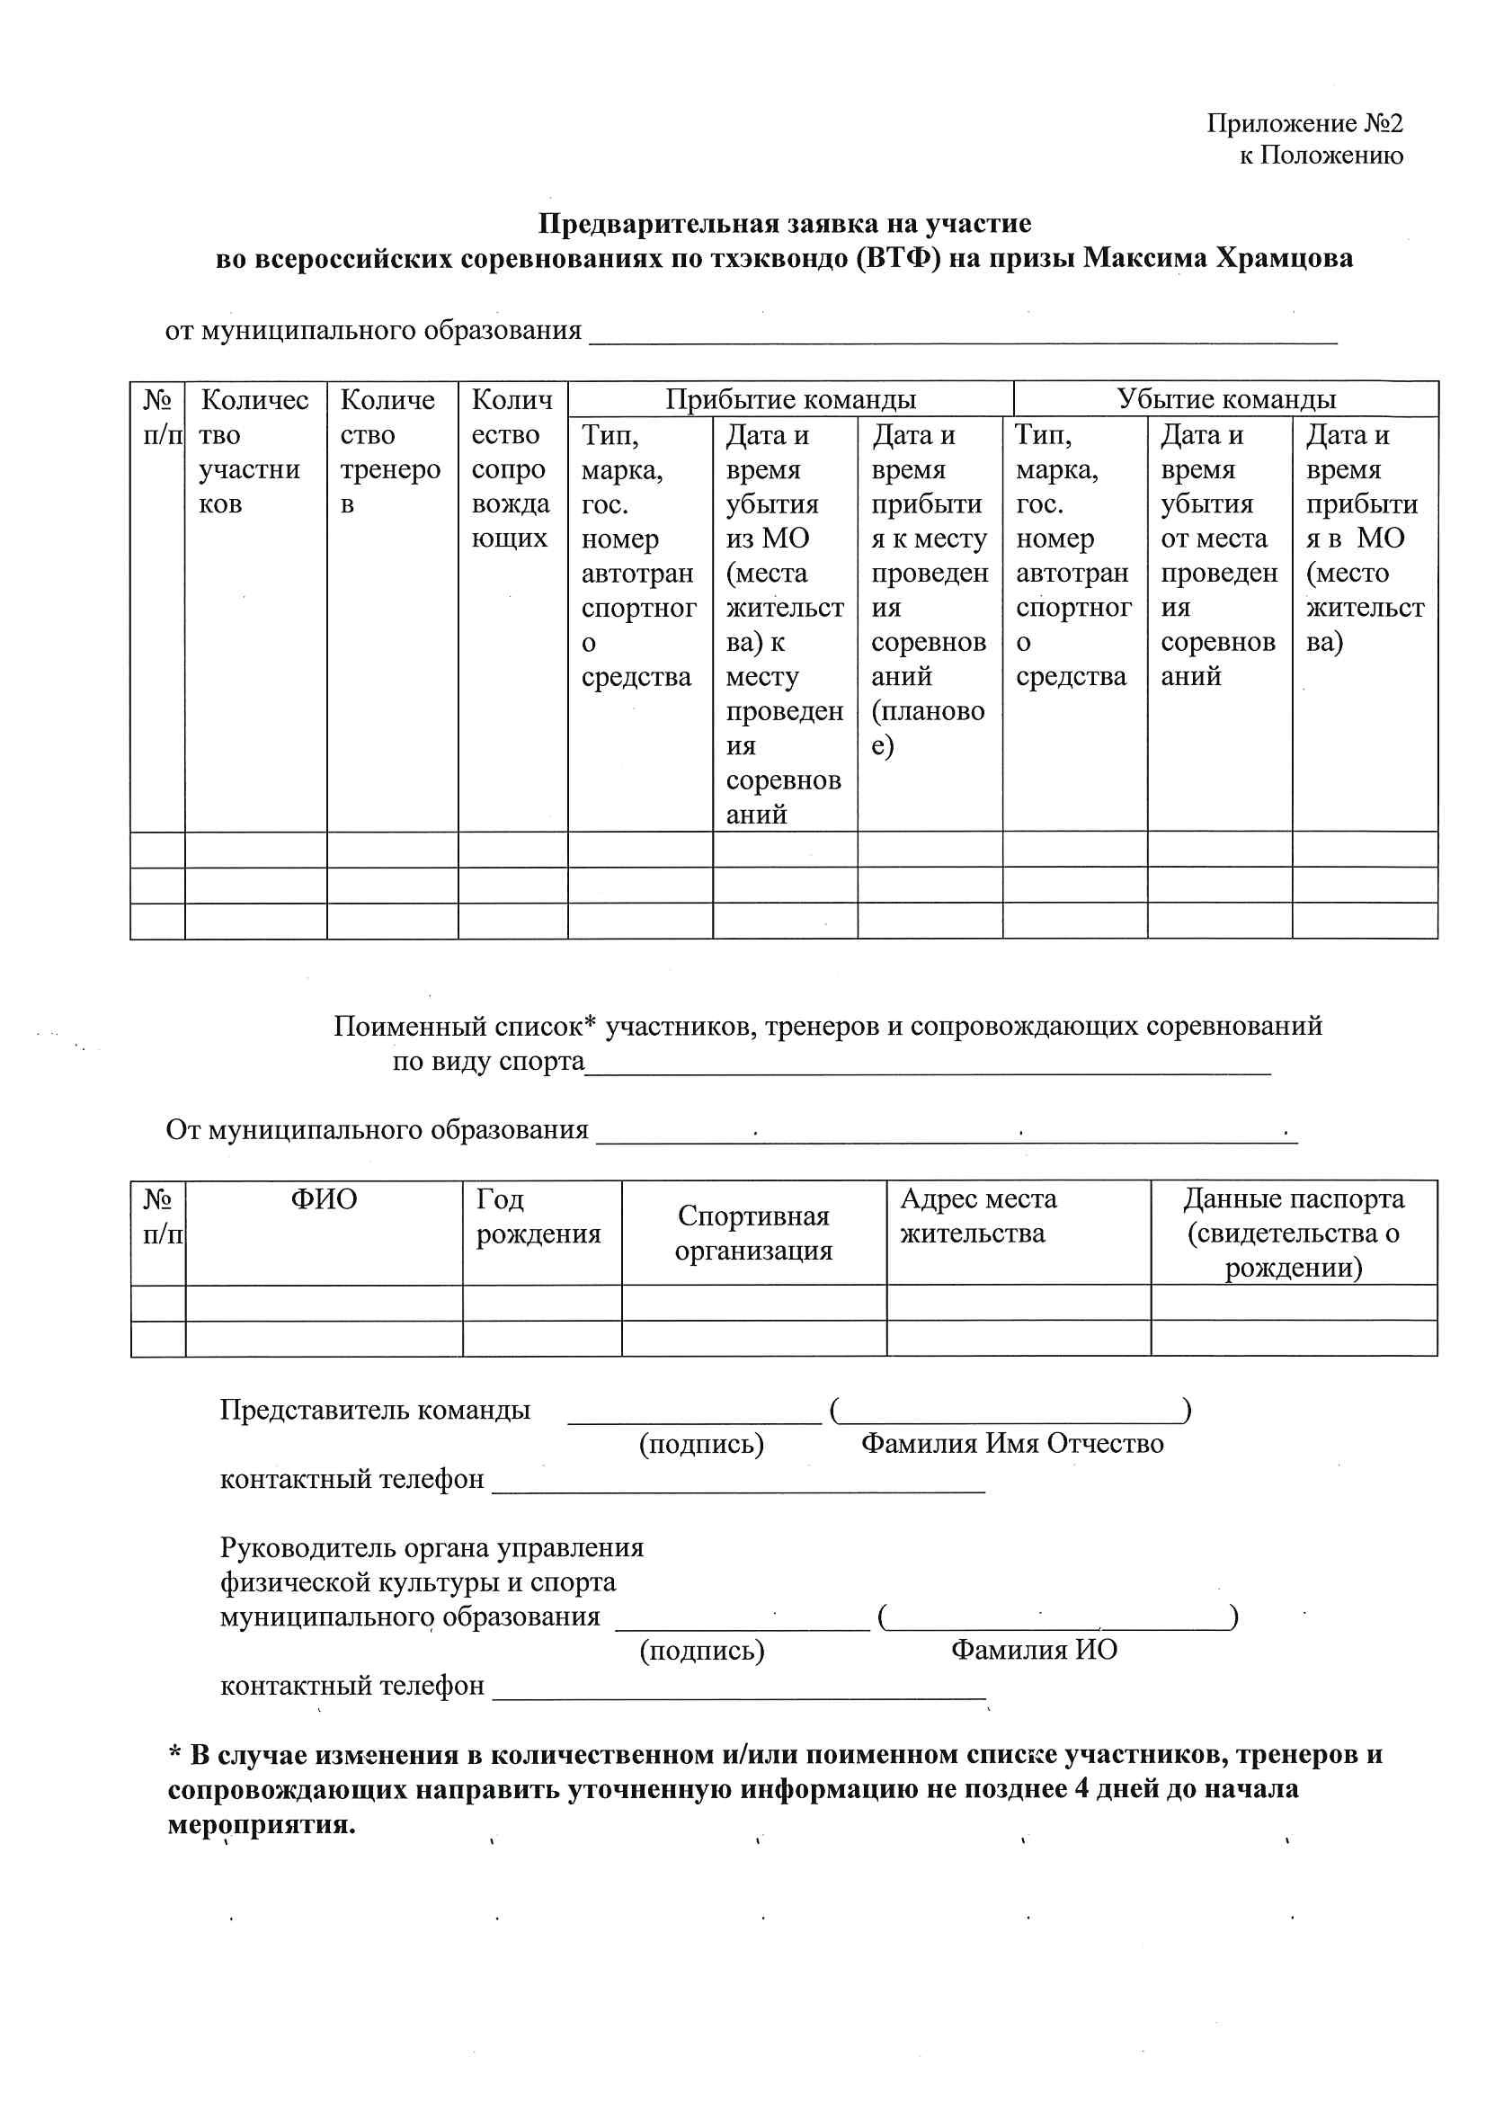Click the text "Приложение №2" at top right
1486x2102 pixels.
[1304, 122]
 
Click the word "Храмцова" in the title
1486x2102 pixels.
[1284, 258]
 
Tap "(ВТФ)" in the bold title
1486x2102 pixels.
[898, 258]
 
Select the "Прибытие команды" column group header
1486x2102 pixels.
[790, 399]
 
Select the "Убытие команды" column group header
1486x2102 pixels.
[1225, 399]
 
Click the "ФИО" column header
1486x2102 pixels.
[324, 1199]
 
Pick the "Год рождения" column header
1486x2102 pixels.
[538, 1216]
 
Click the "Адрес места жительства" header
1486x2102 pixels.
[978, 1216]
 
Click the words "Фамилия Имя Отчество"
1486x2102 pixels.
[1011, 1444]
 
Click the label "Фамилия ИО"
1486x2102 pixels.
[1034, 1650]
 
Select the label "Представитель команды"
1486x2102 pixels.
[375, 1410]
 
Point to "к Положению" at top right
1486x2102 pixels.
[1321, 156]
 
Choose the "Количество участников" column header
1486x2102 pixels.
[254, 451]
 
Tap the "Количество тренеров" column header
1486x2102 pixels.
[390, 451]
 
